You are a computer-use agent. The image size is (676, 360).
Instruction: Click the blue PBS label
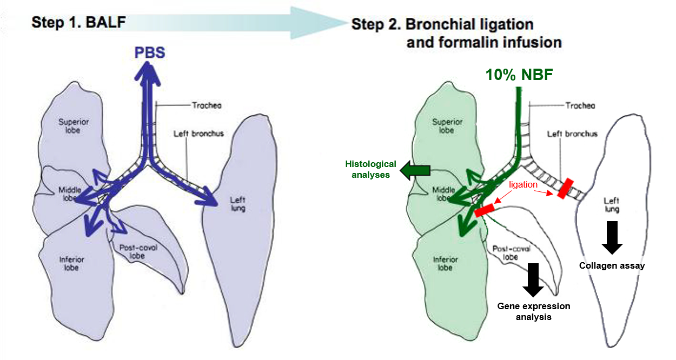coord(150,52)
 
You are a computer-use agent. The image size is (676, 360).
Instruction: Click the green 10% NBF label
coord(519,75)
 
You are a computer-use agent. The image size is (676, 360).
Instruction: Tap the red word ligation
coord(522,184)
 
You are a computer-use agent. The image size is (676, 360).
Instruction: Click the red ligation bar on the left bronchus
coord(566,188)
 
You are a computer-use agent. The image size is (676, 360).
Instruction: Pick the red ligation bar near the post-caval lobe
coord(485,210)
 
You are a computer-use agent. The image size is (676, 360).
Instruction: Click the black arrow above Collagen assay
coord(612,237)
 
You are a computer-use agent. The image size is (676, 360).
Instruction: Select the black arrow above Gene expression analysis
coord(534,279)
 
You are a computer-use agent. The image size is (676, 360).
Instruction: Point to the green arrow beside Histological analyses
coord(415,171)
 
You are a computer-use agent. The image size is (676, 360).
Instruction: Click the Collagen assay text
coord(612,265)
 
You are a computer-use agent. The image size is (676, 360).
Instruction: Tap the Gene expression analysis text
coord(534,311)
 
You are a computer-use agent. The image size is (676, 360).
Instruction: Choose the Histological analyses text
coord(371,169)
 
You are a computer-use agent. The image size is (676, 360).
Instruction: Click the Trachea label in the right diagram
coord(580,106)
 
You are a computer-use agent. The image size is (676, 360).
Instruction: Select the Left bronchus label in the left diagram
coord(198,133)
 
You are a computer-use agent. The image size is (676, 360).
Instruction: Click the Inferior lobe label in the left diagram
coord(72,263)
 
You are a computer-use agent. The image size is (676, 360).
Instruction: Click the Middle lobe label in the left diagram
coord(69,194)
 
